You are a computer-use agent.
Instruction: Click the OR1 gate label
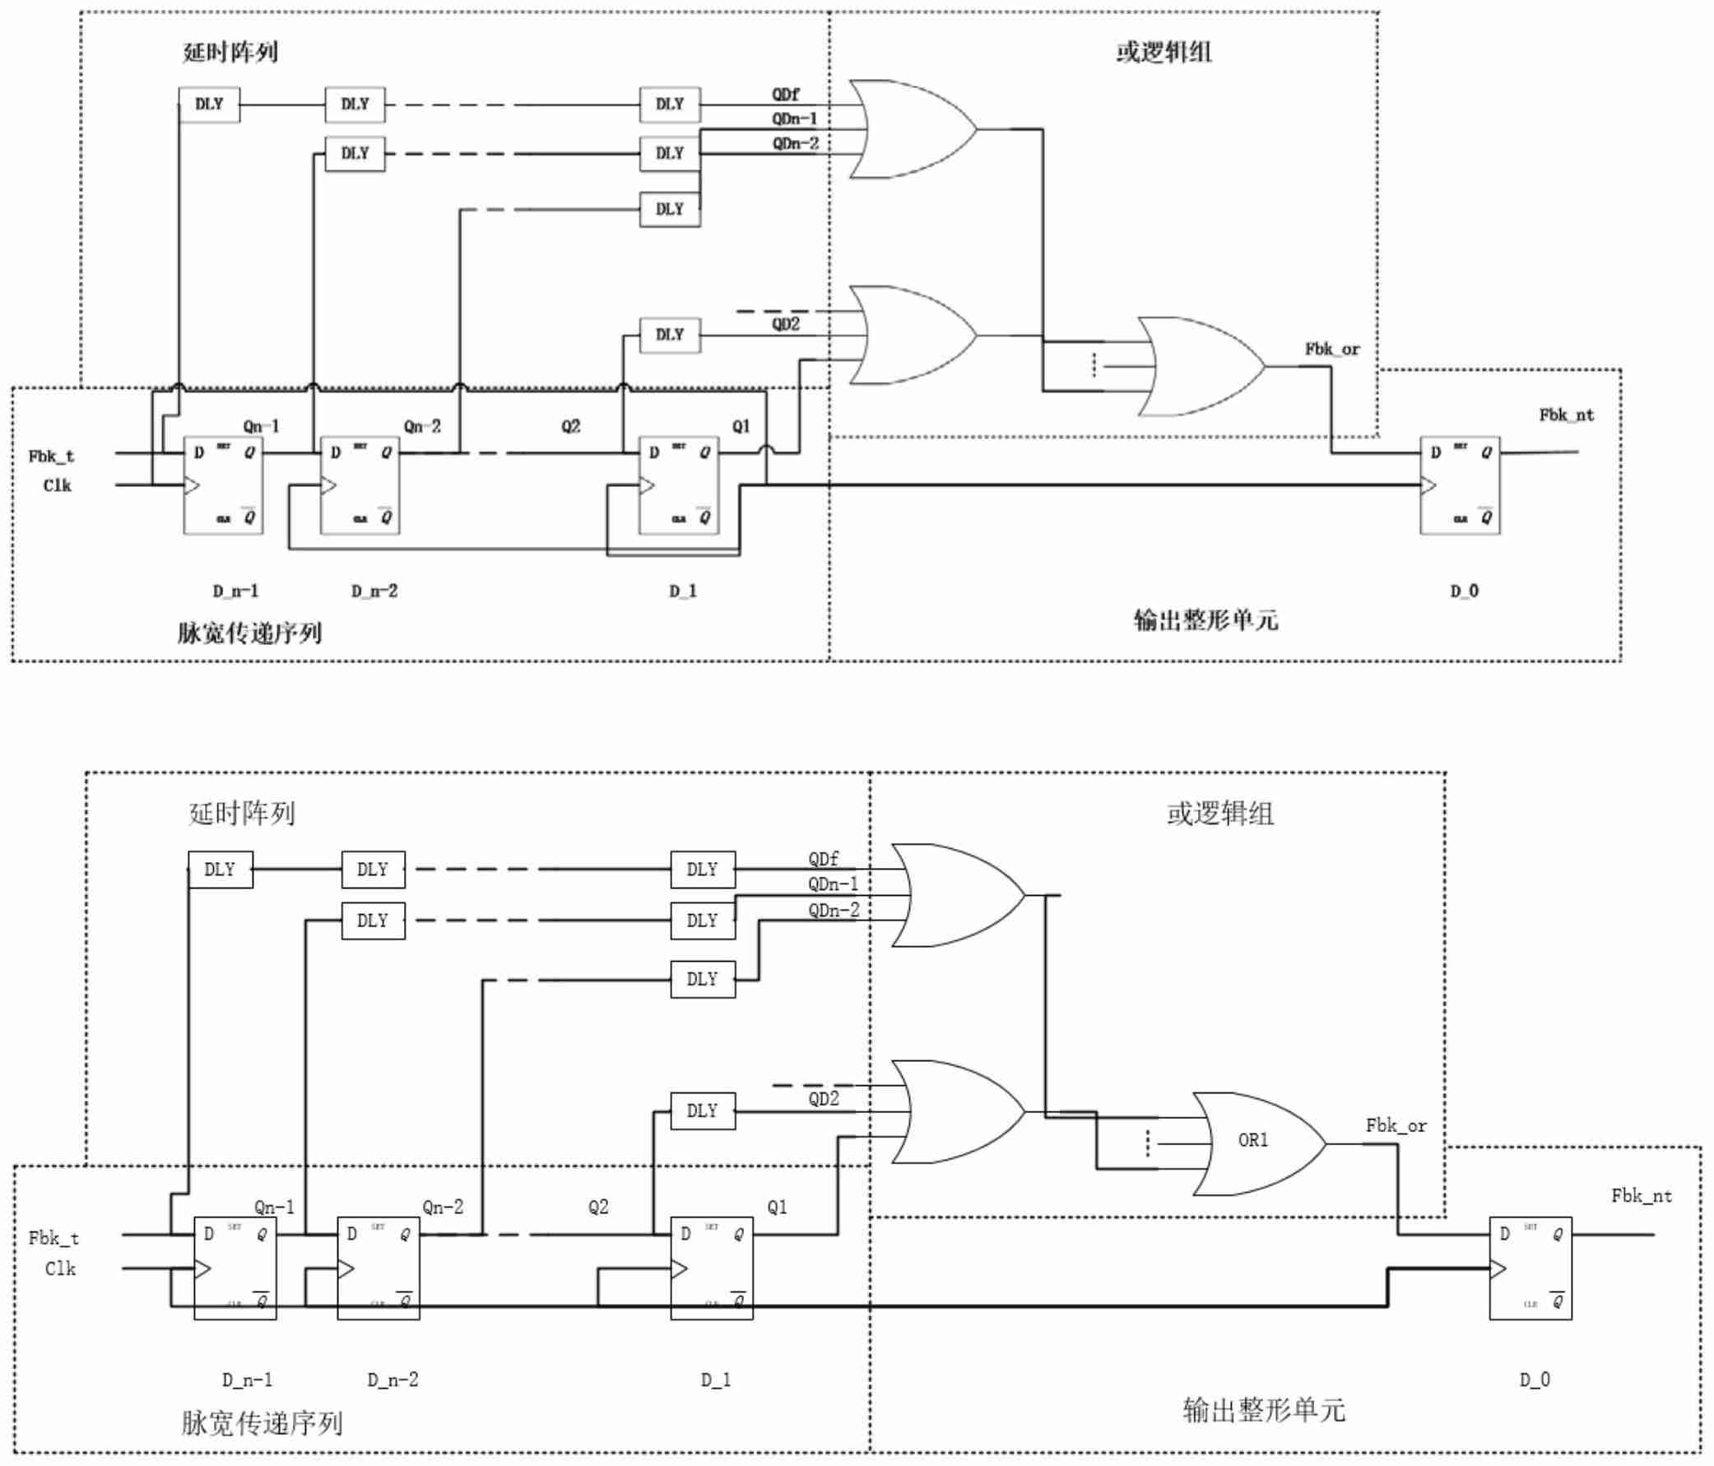[x=1252, y=1140]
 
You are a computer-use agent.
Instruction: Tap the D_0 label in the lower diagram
[x=1535, y=1379]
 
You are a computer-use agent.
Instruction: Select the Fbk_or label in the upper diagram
[x=1332, y=350]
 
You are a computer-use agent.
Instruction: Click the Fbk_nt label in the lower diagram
[x=1642, y=1195]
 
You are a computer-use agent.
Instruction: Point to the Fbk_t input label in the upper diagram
[x=51, y=456]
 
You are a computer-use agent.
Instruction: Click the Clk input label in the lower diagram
[x=60, y=1269]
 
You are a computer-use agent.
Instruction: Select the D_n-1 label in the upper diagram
[x=236, y=591]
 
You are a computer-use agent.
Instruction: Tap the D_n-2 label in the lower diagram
[x=393, y=1379]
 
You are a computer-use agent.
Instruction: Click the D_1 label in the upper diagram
[x=683, y=591]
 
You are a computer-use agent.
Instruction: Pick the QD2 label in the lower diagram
[x=823, y=1099]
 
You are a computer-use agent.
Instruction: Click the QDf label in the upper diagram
[x=786, y=95]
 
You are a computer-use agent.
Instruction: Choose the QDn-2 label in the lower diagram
[x=834, y=911]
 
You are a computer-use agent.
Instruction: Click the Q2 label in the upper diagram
[x=571, y=426]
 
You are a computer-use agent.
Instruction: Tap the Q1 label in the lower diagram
[x=777, y=1207]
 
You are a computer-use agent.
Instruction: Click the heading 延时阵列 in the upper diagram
[x=230, y=53]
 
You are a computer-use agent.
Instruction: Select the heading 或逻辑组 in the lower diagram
[x=1220, y=814]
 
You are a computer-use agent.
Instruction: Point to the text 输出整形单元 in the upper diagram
[x=1205, y=620]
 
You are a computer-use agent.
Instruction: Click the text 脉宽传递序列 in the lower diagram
[x=262, y=1423]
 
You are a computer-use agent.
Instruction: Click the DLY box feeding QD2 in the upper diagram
[x=670, y=335]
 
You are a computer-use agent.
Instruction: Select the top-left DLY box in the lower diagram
[x=220, y=870]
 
